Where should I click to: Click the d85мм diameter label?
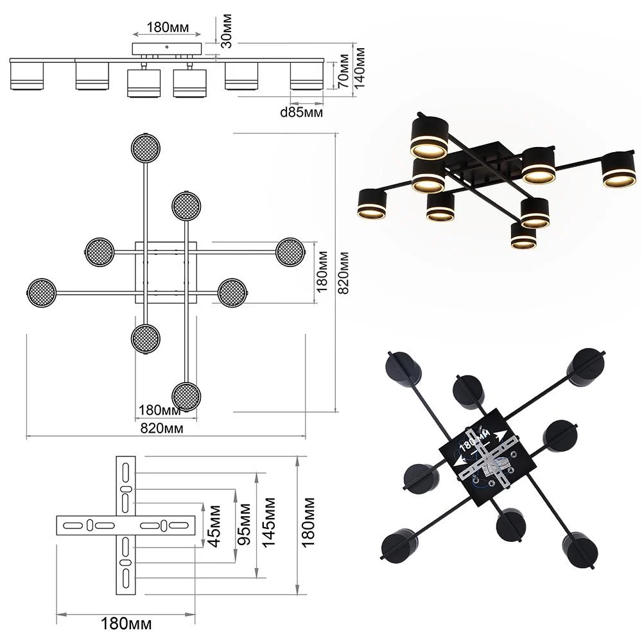(x=301, y=112)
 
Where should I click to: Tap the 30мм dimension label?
(x=226, y=31)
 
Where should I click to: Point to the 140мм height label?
(x=359, y=68)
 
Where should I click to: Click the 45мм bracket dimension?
(x=214, y=526)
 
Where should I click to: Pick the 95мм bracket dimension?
(x=244, y=525)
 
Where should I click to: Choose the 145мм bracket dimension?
(x=268, y=523)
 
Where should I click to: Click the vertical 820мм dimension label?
(x=343, y=273)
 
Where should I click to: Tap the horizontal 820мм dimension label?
(x=162, y=428)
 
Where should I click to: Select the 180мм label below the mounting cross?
(x=126, y=624)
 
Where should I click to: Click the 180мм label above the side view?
(x=168, y=28)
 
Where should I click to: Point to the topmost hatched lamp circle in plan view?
(x=145, y=148)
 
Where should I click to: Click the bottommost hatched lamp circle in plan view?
(x=186, y=396)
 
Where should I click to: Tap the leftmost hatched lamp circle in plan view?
(x=41, y=293)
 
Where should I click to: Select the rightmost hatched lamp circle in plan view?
(x=290, y=252)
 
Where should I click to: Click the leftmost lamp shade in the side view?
(x=26, y=75)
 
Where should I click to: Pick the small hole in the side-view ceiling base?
(x=167, y=47)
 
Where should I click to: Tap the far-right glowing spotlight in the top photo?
(x=619, y=170)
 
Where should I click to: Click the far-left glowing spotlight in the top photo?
(x=372, y=204)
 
